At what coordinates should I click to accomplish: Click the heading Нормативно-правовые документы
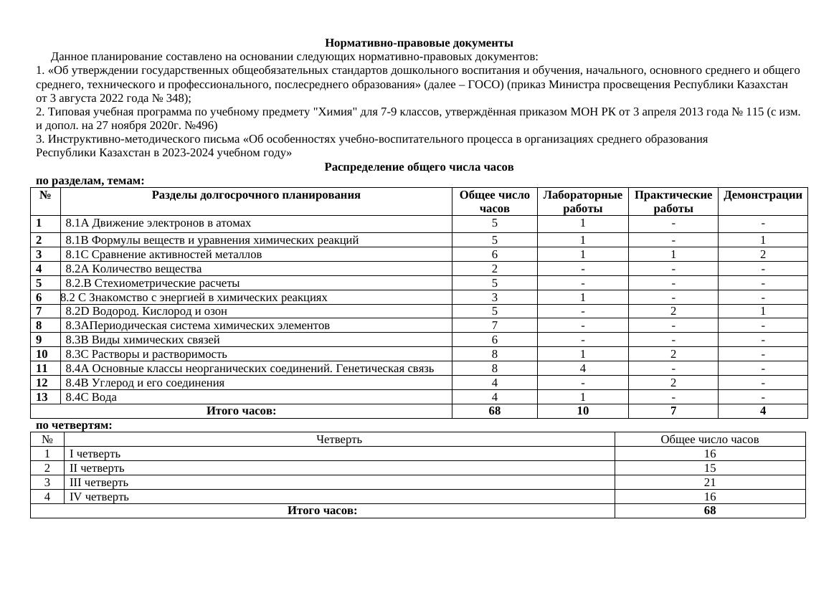point(419,43)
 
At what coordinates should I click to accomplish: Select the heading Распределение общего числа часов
point(419,167)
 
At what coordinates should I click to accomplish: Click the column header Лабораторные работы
point(582,201)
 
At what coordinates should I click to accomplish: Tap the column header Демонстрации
point(762,195)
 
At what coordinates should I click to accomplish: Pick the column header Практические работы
point(673,201)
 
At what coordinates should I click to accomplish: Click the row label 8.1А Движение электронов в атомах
point(158,223)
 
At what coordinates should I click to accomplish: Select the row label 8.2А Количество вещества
point(133,269)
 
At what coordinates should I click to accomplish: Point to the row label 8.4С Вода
point(91,397)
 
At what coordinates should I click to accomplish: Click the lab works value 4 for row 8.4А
point(582,369)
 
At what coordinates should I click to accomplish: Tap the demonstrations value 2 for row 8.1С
point(762,255)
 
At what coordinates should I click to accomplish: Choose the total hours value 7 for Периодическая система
point(494,326)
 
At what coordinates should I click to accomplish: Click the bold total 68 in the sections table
point(494,411)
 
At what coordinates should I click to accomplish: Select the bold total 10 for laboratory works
point(582,411)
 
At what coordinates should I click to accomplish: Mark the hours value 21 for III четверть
point(709,483)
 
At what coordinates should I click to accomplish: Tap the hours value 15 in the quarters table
point(709,468)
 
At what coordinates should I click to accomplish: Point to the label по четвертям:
point(74,425)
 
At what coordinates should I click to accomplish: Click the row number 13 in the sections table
point(42,397)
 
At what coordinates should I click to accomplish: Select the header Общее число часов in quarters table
point(709,440)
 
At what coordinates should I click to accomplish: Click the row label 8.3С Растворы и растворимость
point(146,354)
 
